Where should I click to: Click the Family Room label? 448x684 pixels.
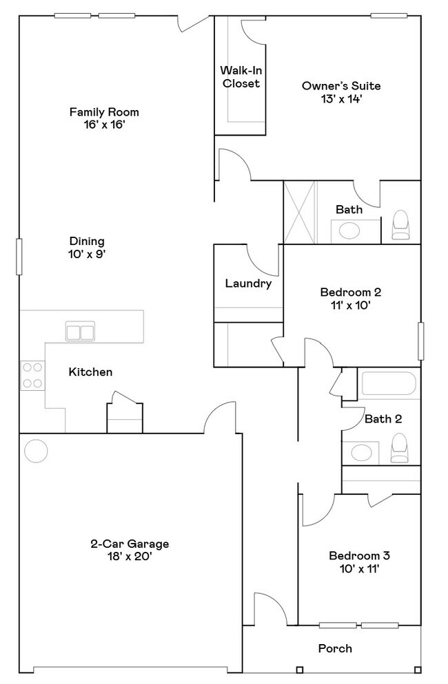tap(104, 111)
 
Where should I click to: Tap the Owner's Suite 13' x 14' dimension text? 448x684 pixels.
tap(341, 98)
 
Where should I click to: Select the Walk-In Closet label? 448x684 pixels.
tap(240, 76)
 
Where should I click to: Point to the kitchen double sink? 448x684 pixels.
tap(81, 332)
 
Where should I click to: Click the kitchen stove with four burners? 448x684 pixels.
tap(32, 375)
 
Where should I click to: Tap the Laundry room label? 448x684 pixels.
tap(248, 284)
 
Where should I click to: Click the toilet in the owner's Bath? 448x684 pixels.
tap(400, 226)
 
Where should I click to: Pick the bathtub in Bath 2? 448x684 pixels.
tap(388, 385)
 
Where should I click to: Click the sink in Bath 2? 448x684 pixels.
tap(359, 453)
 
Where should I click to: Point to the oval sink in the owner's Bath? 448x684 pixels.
tap(349, 231)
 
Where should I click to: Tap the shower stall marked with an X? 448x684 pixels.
tap(300, 212)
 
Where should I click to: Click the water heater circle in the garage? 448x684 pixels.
tap(36, 451)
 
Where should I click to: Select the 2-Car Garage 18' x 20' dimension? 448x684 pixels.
tap(130, 556)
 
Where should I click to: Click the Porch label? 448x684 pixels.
tap(335, 648)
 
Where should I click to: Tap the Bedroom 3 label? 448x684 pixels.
tap(359, 556)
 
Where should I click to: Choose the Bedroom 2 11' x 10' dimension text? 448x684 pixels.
tap(350, 305)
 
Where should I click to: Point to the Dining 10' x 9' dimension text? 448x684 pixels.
tap(87, 254)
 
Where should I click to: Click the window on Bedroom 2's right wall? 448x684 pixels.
tap(420, 340)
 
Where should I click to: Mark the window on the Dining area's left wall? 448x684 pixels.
tap(19, 257)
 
